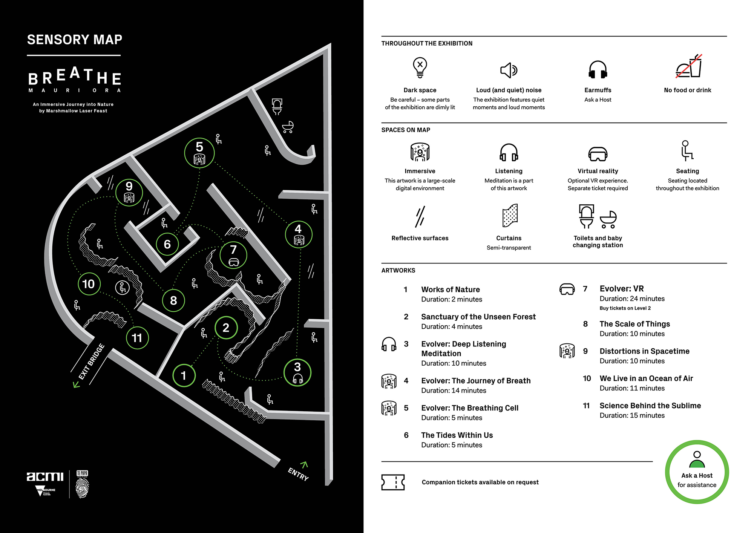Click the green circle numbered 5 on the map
tap(199, 153)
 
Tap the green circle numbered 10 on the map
tap(89, 284)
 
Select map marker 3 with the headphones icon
tap(297, 372)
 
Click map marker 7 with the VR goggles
tap(233, 255)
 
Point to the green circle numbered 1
tap(184, 375)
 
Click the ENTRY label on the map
tap(298, 473)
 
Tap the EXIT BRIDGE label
tap(91, 362)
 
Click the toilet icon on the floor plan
tap(277, 106)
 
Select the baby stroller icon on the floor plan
tap(288, 127)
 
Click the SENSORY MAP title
tap(75, 40)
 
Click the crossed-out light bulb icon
tap(420, 67)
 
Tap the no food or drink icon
tap(688, 67)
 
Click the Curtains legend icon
tap(509, 216)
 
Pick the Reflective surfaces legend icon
tap(420, 217)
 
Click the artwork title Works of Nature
tap(451, 289)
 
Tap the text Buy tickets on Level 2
tap(625, 308)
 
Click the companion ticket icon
tap(393, 482)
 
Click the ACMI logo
tap(45, 477)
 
